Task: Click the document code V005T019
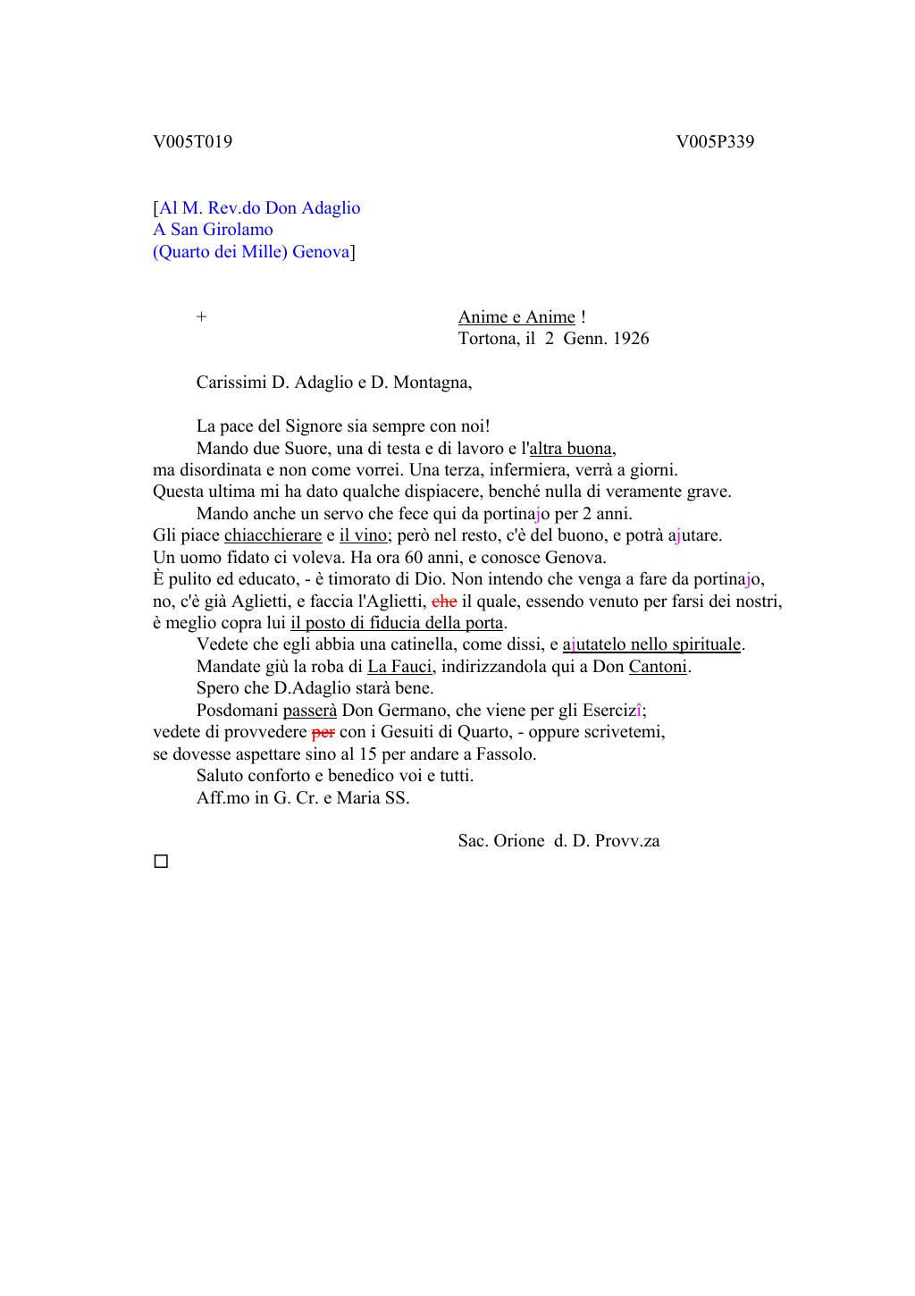pyautogui.click(x=193, y=141)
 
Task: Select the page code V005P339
pyautogui.click(x=715, y=141)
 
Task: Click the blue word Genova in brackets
pyautogui.click(x=321, y=252)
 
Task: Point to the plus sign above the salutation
pyautogui.click(x=202, y=317)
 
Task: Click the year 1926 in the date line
pyautogui.click(x=631, y=339)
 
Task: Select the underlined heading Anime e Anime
pyautogui.click(x=516, y=317)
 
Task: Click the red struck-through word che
pyautogui.click(x=444, y=602)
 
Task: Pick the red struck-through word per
pyautogui.click(x=323, y=732)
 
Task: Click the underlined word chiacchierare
pyautogui.click(x=273, y=535)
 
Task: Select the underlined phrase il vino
pyautogui.click(x=363, y=535)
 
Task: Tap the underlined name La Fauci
pyautogui.click(x=399, y=667)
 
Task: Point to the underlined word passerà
pyautogui.click(x=310, y=711)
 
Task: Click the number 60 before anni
pyautogui.click(x=413, y=558)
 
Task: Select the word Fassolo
pyautogui.click(x=506, y=754)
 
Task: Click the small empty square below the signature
pyautogui.click(x=161, y=863)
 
